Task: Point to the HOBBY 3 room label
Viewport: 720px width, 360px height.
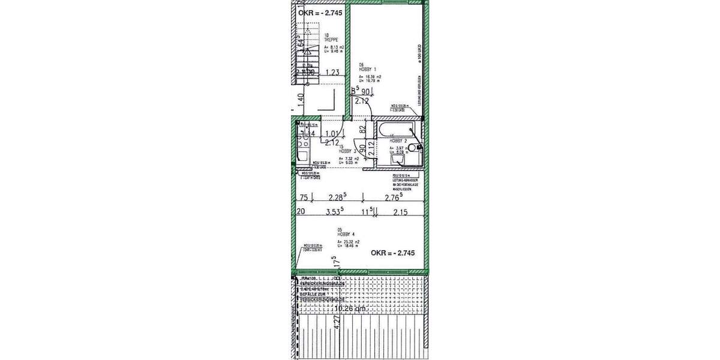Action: [347, 150]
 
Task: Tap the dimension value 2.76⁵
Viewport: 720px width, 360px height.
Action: [394, 197]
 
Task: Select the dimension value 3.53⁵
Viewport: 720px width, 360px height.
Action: [334, 211]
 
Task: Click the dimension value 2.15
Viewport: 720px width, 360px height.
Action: [401, 211]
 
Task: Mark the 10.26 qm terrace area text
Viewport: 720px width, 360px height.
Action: [351, 309]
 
